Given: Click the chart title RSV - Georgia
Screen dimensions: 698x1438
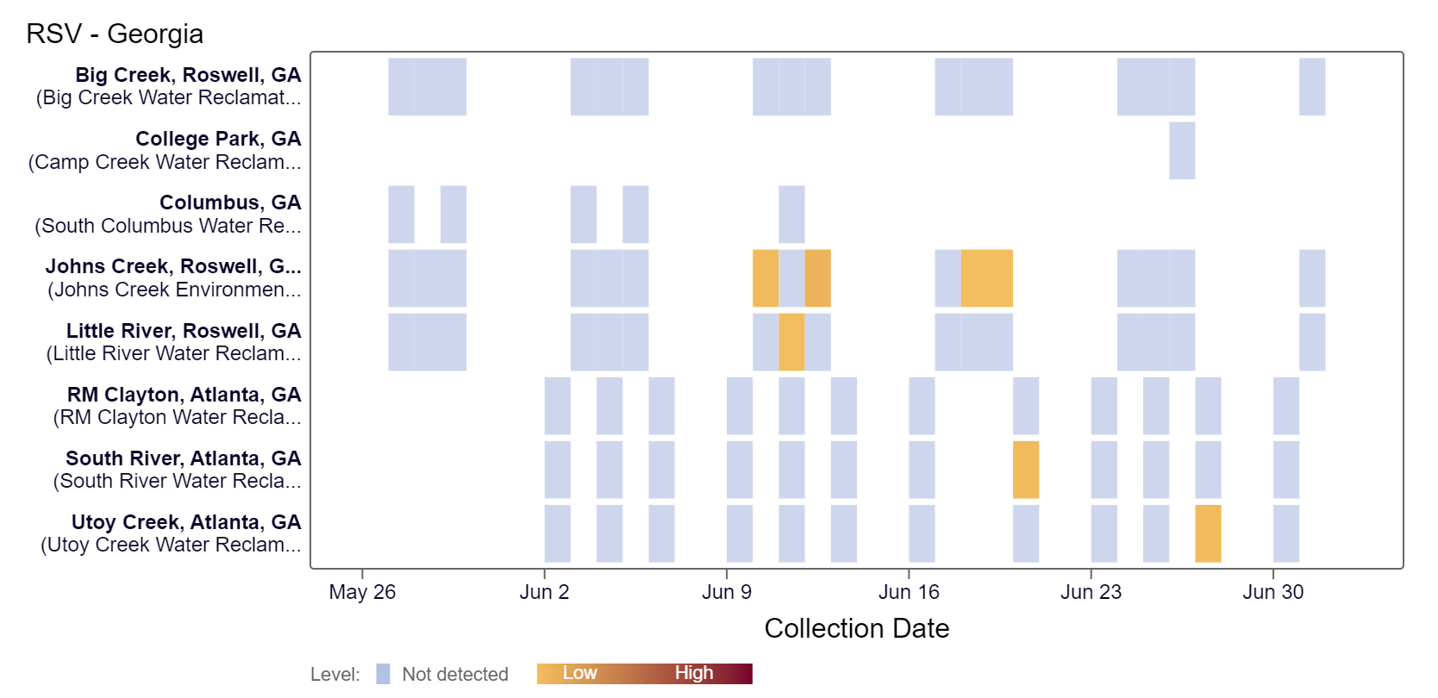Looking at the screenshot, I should click(x=115, y=34).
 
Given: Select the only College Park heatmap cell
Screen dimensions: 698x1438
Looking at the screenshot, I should click(x=1182, y=151).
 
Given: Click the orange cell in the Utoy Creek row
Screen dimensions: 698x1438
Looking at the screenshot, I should click(x=1208, y=533).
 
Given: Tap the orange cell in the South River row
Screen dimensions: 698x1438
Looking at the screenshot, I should click(x=1026, y=470).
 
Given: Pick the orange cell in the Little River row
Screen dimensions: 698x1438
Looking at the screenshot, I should click(x=791, y=342).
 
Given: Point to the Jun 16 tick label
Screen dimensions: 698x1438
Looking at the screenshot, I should click(x=909, y=592).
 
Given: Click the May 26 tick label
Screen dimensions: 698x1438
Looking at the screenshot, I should click(x=362, y=592).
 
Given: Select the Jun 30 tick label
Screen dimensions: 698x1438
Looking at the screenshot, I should click(x=1272, y=592).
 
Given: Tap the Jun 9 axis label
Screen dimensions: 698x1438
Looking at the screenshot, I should click(x=727, y=592).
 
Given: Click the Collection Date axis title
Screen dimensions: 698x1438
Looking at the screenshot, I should click(x=856, y=628).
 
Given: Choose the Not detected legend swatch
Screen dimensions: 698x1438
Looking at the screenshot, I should click(x=384, y=674).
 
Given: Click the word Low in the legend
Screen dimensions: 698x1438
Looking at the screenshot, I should click(x=579, y=673).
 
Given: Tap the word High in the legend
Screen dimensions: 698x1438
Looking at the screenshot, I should click(x=694, y=673).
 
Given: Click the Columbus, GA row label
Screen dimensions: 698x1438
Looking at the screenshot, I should click(x=230, y=203).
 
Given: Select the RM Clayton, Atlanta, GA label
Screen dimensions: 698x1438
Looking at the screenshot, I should click(x=184, y=395).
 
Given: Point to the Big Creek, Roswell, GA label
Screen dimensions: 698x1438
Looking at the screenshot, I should click(x=188, y=75).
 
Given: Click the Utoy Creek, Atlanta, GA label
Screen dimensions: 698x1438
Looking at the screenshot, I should click(x=186, y=522).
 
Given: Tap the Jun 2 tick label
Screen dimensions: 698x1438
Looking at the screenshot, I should click(x=544, y=592).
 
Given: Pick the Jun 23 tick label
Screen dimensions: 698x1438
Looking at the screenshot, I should click(x=1091, y=592).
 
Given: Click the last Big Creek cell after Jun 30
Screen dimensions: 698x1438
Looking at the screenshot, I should click(x=1312, y=87).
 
